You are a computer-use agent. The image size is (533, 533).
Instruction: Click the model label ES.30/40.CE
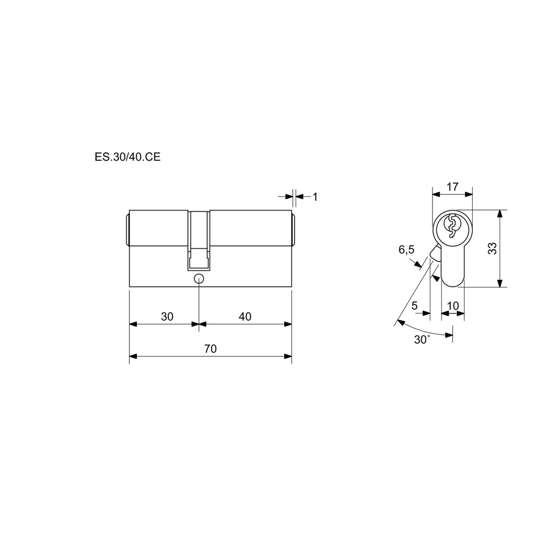pyautogui.click(x=127, y=157)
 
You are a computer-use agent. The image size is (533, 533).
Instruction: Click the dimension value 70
pyautogui.click(x=211, y=349)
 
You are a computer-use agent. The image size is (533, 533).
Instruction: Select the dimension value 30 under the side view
pyautogui.click(x=167, y=317)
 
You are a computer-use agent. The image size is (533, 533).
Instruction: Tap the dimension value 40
pyautogui.click(x=245, y=317)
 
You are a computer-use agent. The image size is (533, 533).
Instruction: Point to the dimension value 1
pyautogui.click(x=315, y=197)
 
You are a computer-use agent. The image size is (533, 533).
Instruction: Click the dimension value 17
pyautogui.click(x=453, y=187)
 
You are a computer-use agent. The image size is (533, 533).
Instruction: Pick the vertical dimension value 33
pyautogui.click(x=493, y=248)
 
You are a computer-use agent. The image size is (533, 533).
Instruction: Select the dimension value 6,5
pyautogui.click(x=406, y=250)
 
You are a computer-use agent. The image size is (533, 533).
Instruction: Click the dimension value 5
pyautogui.click(x=414, y=306)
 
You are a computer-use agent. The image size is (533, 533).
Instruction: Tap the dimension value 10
pyautogui.click(x=453, y=306)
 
